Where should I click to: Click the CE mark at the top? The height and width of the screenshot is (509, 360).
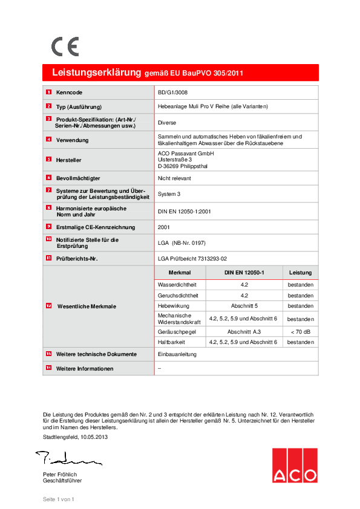pyautogui.click(x=64, y=47)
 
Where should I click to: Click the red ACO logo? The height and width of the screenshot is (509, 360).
pyautogui.click(x=294, y=466)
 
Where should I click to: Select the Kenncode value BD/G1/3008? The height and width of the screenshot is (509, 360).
pyautogui.click(x=173, y=92)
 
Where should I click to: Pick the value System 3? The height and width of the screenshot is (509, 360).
pyautogui.click(x=169, y=194)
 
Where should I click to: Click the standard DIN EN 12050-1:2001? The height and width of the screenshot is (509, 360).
pyautogui.click(x=184, y=211)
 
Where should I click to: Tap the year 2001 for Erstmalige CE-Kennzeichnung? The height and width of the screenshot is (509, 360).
pyautogui.click(x=164, y=227)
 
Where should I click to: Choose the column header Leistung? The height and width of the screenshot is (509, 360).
pyautogui.click(x=300, y=273)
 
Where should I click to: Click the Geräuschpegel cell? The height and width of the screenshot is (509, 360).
pyautogui.click(x=175, y=331)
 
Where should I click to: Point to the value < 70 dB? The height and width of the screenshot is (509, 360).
pyautogui.click(x=300, y=331)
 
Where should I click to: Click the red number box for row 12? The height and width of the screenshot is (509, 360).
pyautogui.click(x=48, y=306)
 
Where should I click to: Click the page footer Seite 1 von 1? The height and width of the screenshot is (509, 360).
pyautogui.click(x=58, y=499)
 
